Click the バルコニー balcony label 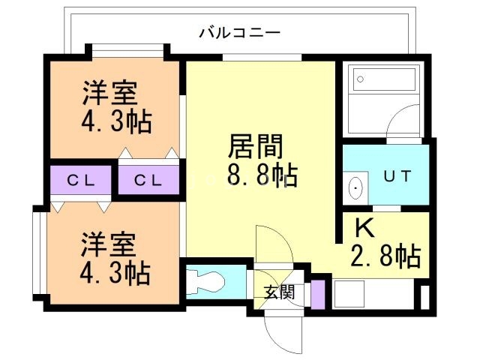click(239, 32)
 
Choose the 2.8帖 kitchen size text click(384, 256)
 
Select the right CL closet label click(148, 181)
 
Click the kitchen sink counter click(367, 293)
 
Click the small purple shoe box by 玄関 click(318, 293)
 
